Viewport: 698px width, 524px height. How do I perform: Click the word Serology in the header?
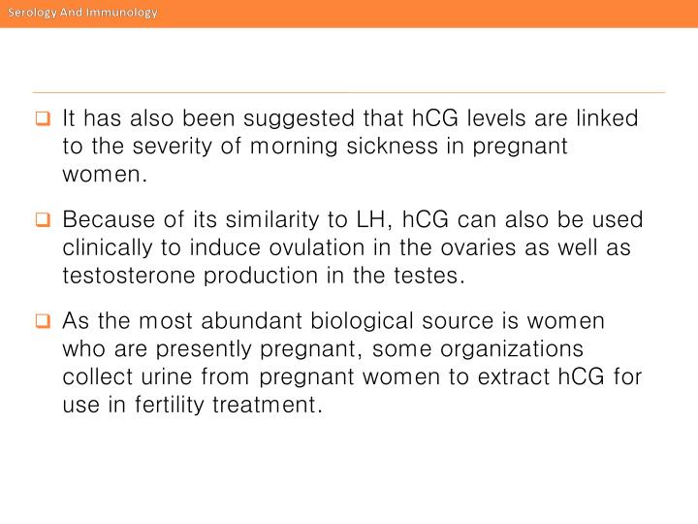31,13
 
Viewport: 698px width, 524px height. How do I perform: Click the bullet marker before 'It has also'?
43,121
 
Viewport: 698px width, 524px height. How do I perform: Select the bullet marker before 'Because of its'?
43,221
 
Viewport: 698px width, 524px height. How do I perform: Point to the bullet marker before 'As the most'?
43,321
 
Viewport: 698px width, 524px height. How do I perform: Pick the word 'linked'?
608,120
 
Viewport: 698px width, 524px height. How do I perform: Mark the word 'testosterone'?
127,275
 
